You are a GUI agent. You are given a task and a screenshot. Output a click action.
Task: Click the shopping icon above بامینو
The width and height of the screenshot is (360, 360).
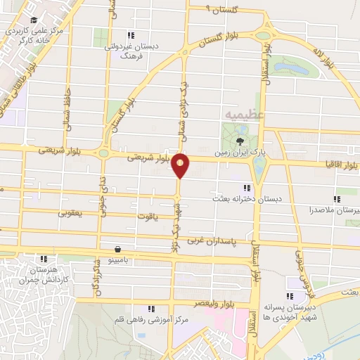coord(117,249)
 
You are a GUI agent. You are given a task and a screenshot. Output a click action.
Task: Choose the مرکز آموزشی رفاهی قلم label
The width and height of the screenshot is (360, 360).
coord(150,320)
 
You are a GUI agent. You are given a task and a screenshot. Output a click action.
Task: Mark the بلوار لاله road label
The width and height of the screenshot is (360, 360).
coord(328,59)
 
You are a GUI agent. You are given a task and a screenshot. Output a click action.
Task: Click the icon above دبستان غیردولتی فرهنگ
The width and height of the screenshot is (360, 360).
coord(129,35)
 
